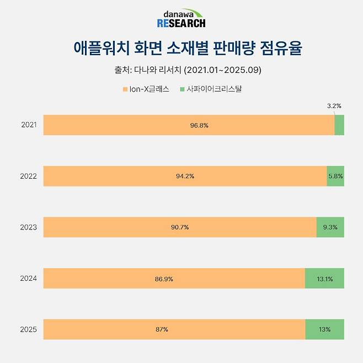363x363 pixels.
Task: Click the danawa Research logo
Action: pyautogui.click(x=181, y=18)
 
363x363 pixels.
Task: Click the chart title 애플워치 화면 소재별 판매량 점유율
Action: pyautogui.click(x=181, y=47)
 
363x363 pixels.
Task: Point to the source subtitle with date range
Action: pyautogui.click(x=181, y=70)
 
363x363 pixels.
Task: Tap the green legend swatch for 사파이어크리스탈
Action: pyautogui.click(x=182, y=88)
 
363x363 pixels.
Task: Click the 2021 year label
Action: pyautogui.click(x=29, y=125)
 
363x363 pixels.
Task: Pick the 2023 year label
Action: pyautogui.click(x=29, y=227)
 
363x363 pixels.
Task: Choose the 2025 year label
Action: pyautogui.click(x=29, y=329)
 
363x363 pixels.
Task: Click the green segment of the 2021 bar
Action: pyautogui.click(x=339, y=125)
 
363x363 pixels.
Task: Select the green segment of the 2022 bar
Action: pyautogui.click(x=335, y=176)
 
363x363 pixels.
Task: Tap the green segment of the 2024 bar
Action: pyautogui.click(x=324, y=279)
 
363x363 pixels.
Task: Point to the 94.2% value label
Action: pyautogui.click(x=185, y=176)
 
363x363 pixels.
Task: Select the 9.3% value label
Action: pyautogui.click(x=330, y=227)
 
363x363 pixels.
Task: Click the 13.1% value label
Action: pyautogui.click(x=324, y=279)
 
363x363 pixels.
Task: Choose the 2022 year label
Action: pyautogui.click(x=29, y=176)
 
